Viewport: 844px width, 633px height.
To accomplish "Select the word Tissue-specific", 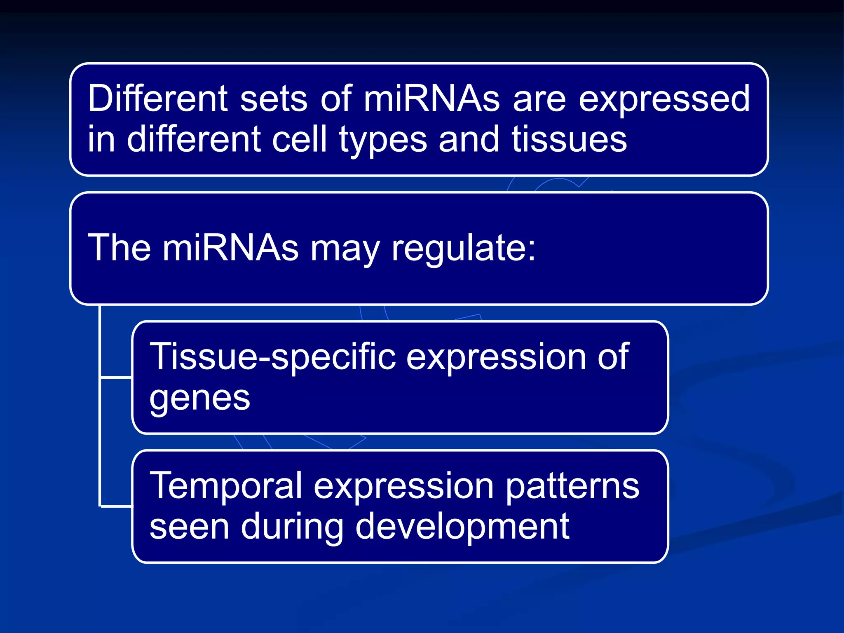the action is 272,356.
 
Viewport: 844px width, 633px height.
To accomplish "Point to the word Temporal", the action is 226,486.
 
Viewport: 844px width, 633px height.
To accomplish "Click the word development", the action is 462,527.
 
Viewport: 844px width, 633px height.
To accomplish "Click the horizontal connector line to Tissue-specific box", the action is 116,377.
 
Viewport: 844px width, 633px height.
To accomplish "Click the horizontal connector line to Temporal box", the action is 116,506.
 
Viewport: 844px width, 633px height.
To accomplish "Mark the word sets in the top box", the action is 274,99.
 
